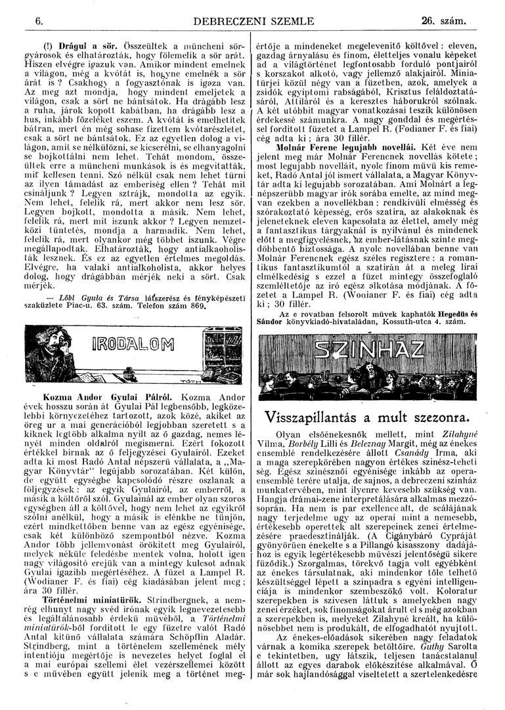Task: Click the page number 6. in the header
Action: click(39, 21)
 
